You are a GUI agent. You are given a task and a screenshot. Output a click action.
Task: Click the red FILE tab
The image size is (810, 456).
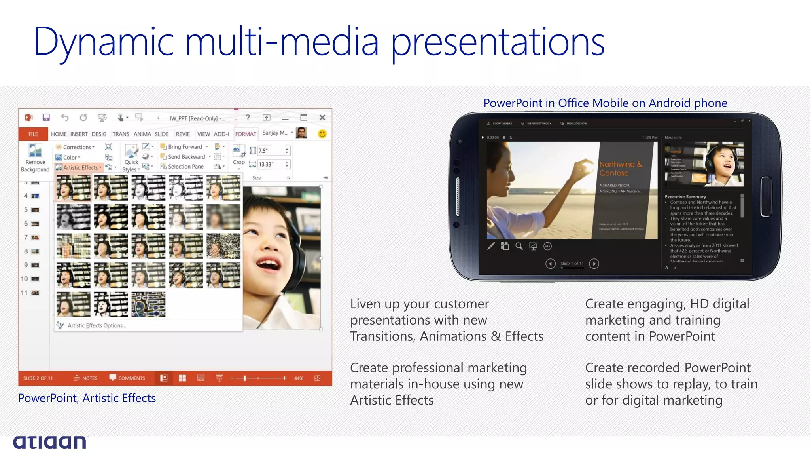pyautogui.click(x=33, y=134)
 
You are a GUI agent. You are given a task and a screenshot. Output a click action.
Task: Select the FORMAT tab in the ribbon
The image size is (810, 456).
pyautogui.click(x=246, y=134)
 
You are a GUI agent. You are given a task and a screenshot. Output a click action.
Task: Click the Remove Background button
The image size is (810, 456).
pyautogui.click(x=35, y=158)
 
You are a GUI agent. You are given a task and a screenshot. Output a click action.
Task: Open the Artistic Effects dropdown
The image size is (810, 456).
pyautogui.click(x=79, y=167)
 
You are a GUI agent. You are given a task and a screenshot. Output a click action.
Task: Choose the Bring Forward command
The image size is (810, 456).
pyautogui.click(x=184, y=147)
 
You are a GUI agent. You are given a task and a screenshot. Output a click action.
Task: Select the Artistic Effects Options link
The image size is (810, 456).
pyautogui.click(x=96, y=325)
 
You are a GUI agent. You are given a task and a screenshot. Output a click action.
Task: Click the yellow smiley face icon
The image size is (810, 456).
pyautogui.click(x=322, y=134)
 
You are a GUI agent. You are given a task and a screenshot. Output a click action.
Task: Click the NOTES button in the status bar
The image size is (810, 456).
pyautogui.click(x=86, y=378)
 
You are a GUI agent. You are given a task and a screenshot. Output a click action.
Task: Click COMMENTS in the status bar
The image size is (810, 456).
pyautogui.click(x=127, y=378)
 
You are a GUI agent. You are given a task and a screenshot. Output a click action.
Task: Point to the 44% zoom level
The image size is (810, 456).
pyautogui.click(x=299, y=378)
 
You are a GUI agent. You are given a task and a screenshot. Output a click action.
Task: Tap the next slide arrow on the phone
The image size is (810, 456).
pyautogui.click(x=594, y=264)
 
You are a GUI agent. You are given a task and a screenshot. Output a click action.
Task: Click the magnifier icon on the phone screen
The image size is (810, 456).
pyautogui.click(x=519, y=246)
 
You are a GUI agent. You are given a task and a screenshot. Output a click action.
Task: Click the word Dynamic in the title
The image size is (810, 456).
pyautogui.click(x=104, y=42)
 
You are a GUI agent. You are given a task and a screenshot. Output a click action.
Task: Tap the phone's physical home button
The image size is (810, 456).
pyautogui.click(x=766, y=196)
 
